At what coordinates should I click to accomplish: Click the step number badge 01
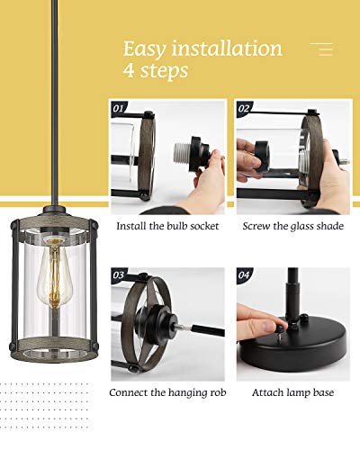pos(120,107)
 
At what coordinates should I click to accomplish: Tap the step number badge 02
pos(244,107)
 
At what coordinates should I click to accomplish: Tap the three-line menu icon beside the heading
pos(321,49)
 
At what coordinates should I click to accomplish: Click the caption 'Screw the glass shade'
pos(292,226)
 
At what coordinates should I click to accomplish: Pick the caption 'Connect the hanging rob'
pos(168,392)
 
